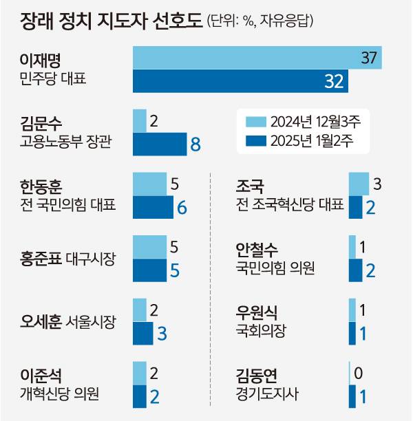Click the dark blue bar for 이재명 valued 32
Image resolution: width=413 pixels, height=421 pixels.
[x=240, y=81]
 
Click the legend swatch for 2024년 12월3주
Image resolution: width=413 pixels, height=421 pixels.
[x=255, y=122]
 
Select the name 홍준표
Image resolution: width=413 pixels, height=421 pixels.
[x=40, y=259]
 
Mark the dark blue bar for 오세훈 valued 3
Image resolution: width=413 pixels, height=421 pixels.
[x=143, y=332]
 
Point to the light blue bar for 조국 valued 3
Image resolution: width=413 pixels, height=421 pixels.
[x=359, y=184]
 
